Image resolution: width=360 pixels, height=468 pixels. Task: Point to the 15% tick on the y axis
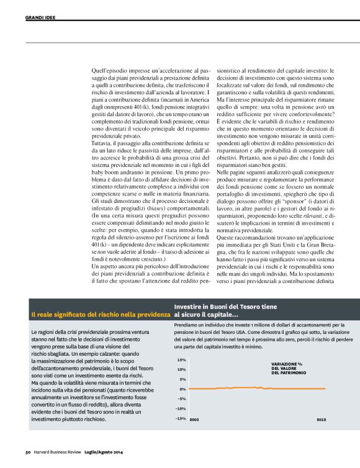click(181, 359)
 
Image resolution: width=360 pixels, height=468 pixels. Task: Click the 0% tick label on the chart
click(182, 389)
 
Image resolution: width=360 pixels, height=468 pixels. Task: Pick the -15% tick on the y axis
click(181, 418)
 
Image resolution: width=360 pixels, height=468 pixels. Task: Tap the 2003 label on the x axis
click(194, 420)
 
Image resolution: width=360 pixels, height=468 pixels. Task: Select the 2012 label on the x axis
click(321, 420)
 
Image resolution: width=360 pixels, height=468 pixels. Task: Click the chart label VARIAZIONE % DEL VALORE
click(289, 368)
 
